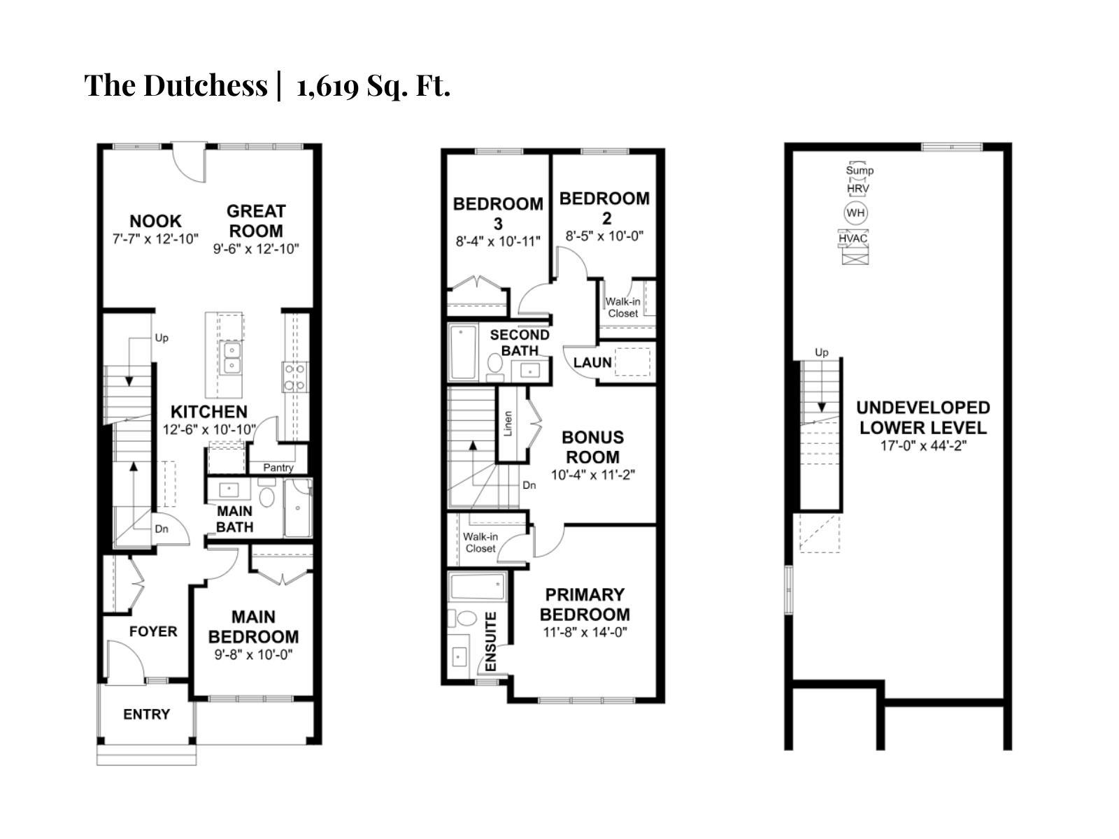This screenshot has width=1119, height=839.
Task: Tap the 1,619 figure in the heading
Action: coord(327,87)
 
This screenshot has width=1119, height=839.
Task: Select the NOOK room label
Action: coord(155,221)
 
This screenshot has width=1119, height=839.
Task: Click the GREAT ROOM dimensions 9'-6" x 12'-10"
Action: coord(256,249)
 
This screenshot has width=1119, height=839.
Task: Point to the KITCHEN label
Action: coord(209,412)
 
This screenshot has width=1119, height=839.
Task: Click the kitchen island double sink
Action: coord(231,358)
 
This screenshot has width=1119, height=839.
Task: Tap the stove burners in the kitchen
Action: coord(295,376)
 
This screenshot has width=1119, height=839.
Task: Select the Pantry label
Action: coord(278,468)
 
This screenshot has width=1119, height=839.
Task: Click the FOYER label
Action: coord(153,631)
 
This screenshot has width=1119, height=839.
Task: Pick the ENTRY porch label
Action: coord(146,714)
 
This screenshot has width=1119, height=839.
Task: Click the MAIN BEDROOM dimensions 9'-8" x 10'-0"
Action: coord(253,655)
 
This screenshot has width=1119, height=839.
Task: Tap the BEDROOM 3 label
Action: coord(498,213)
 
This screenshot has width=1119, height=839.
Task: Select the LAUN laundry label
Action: coord(592,362)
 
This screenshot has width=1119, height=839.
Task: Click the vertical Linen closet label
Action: coord(508,423)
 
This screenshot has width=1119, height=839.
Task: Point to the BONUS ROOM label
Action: coord(592,447)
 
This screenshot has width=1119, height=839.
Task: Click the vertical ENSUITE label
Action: coord(491,641)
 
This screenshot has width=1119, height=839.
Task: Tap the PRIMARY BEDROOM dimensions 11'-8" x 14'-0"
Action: coord(585,632)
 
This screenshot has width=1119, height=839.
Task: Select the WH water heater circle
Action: coord(855,213)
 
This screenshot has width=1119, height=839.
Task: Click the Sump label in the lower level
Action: coord(860,170)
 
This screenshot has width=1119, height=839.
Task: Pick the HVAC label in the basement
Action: coord(853,238)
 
